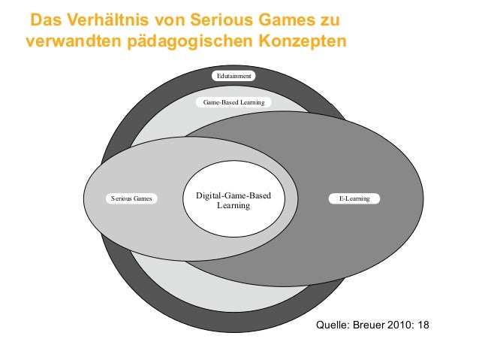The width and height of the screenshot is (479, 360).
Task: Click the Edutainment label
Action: pos(233,76)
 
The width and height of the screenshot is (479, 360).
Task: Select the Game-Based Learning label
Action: pos(233,101)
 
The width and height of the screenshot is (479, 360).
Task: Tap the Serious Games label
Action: pos(131,198)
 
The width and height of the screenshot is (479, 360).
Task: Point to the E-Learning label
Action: pos(354,198)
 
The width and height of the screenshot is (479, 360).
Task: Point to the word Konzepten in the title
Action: pos(303,41)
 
